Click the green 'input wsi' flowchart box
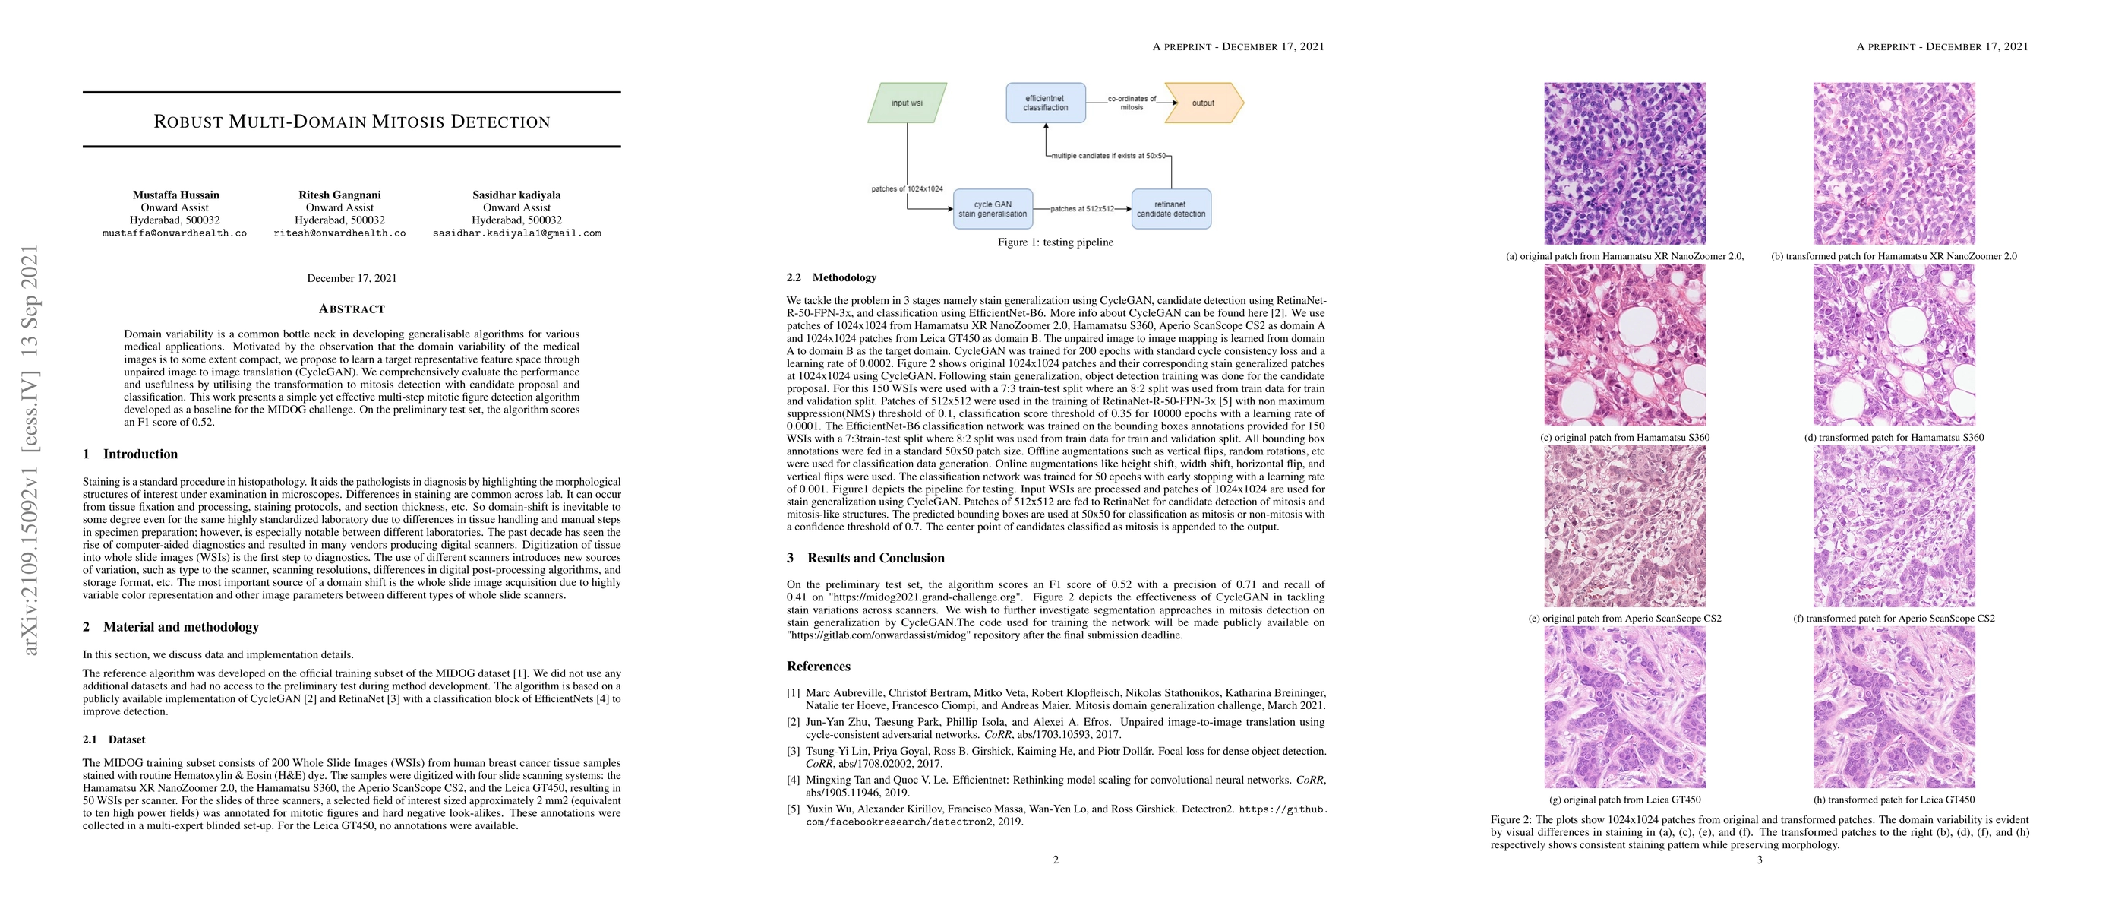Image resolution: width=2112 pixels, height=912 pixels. click(x=907, y=103)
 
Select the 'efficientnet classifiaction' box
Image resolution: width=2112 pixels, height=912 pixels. click(x=1045, y=103)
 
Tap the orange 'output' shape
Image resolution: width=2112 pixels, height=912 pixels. click(x=1203, y=103)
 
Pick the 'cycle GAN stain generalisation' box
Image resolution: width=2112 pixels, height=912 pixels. click(x=992, y=209)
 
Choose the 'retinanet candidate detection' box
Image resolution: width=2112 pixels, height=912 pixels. click(x=1170, y=209)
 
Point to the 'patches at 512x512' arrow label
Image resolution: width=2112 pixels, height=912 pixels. click(x=1082, y=209)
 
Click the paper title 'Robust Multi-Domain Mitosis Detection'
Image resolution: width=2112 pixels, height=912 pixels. click(x=352, y=122)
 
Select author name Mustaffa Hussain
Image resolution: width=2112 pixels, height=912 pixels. click(x=176, y=195)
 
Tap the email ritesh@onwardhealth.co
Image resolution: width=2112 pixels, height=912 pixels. click(x=339, y=233)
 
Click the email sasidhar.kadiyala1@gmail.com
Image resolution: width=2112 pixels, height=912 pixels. click(x=516, y=233)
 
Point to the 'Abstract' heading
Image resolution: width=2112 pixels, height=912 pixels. click(x=352, y=309)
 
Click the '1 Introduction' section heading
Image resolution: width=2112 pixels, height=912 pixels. click(x=131, y=454)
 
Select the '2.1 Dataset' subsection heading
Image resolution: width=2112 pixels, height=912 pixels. click(x=114, y=739)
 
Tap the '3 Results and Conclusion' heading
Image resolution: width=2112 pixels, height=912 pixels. click(x=865, y=558)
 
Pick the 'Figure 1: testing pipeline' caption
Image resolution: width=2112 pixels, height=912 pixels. click(x=1055, y=242)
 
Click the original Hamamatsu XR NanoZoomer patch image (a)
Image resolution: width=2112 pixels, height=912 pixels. click(x=1625, y=163)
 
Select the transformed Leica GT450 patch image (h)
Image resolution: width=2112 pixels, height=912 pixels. click(x=1894, y=708)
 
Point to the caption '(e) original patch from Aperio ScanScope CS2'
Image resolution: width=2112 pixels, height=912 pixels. click(x=1625, y=619)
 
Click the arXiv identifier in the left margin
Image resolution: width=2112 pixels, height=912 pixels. click(x=30, y=451)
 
